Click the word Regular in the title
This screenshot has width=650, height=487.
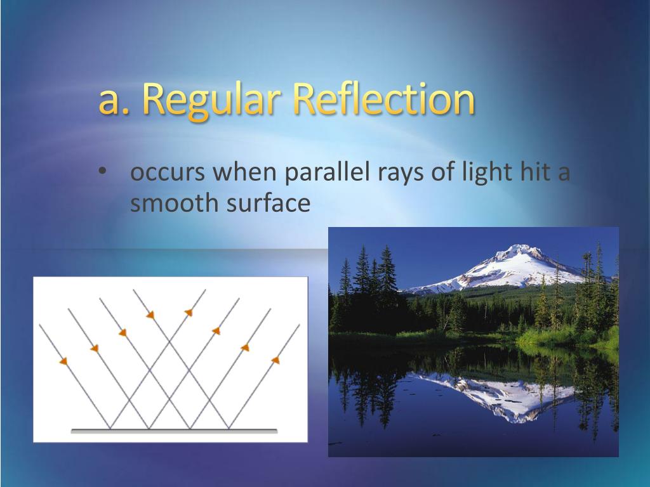tap(211, 100)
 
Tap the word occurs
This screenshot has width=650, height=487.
tap(168, 173)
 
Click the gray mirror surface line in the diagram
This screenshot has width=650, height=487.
tap(174, 431)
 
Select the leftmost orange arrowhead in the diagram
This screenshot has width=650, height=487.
tap(63, 361)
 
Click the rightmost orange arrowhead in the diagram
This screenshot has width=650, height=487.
tap(275, 360)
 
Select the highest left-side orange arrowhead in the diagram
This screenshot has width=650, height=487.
tap(150, 315)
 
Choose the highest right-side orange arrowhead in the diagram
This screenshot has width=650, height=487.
tap(189, 312)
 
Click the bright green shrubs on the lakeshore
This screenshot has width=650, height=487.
tap(568, 337)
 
